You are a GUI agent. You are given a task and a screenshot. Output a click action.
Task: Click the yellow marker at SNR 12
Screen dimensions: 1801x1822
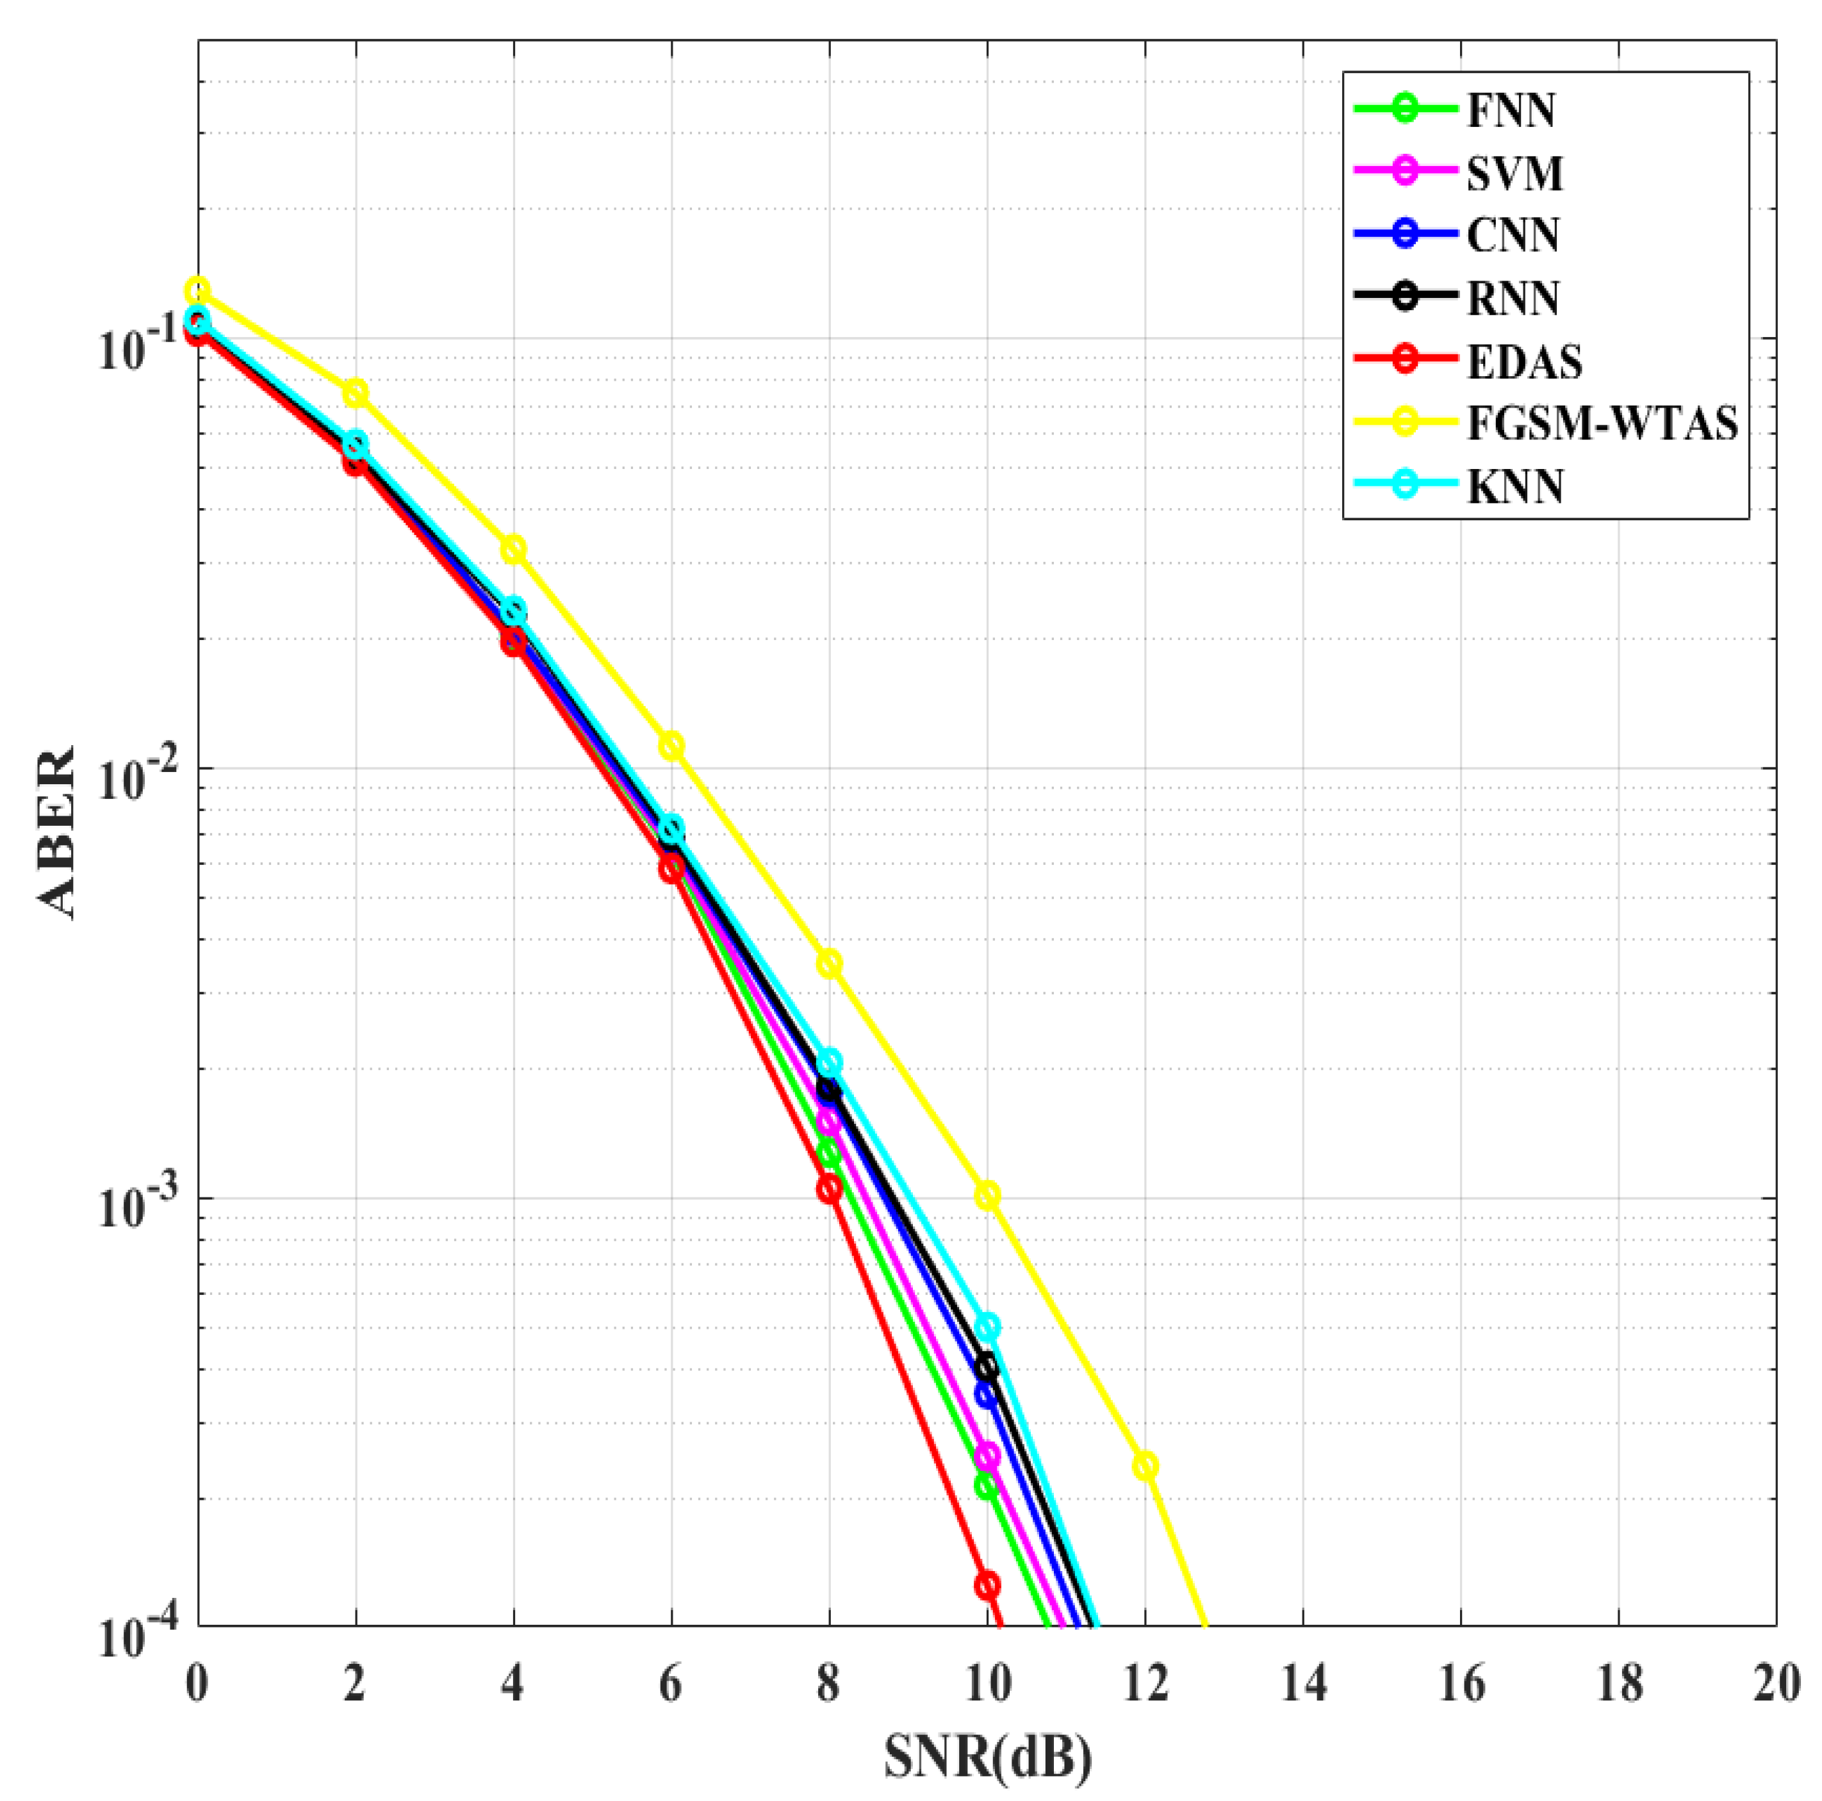click(1145, 1467)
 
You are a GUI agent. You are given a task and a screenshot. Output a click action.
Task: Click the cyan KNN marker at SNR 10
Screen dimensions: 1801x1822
click(987, 1328)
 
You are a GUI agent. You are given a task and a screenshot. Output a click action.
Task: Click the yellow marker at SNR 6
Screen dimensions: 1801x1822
click(671, 746)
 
